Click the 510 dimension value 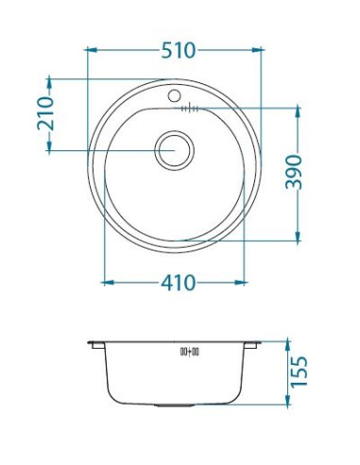[179, 50]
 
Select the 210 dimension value [45, 113]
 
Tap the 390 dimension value [294, 172]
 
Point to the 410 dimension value [179, 283]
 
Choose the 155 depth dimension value [299, 372]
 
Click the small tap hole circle [174, 95]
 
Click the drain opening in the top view [174, 150]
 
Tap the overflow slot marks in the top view [190, 109]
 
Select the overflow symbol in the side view [189, 352]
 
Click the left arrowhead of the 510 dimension [92, 50]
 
